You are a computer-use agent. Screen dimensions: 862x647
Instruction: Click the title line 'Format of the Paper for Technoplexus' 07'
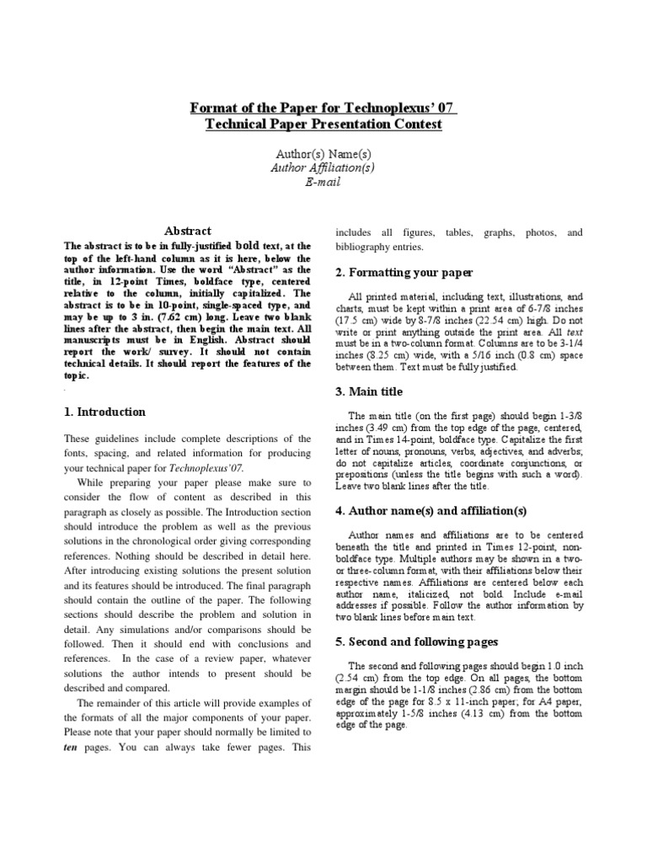pos(323,108)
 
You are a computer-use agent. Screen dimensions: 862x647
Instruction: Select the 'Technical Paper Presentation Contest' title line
pos(323,125)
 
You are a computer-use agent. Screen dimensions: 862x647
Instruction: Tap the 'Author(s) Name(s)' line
pos(323,154)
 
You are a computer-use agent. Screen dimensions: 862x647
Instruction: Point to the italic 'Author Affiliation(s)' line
pos(323,168)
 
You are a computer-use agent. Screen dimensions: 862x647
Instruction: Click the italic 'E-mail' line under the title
pos(323,182)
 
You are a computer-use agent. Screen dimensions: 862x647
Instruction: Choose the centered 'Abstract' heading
pos(187,231)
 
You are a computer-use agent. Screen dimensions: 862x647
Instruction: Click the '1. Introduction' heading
pos(105,412)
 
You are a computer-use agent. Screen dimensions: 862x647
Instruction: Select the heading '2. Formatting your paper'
pos(404,273)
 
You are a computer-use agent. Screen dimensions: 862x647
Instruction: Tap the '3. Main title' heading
pos(369,391)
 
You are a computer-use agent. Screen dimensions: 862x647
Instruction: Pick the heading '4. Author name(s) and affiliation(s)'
pos(430,511)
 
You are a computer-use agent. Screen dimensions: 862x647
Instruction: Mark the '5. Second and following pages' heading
pos(416,641)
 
